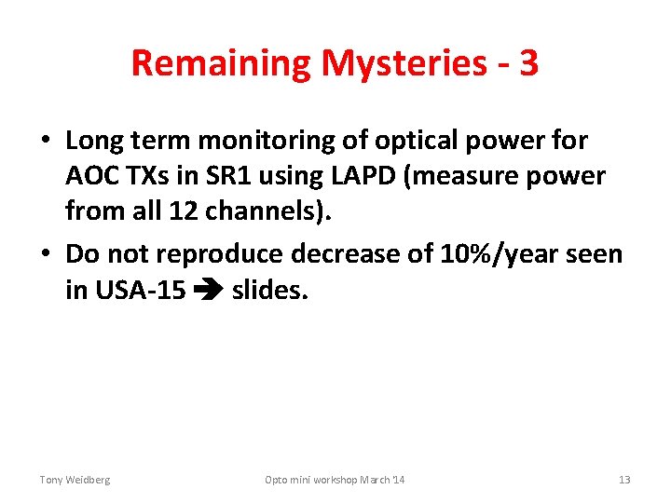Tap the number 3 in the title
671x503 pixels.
coord(528,62)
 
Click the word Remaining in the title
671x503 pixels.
coord(220,63)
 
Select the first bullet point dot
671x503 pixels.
coord(45,142)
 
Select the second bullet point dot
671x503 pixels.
coord(45,255)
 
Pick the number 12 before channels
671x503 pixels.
coord(185,211)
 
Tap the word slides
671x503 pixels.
coord(269,290)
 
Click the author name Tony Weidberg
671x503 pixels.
coord(75,480)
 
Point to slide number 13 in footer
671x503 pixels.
coord(624,480)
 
